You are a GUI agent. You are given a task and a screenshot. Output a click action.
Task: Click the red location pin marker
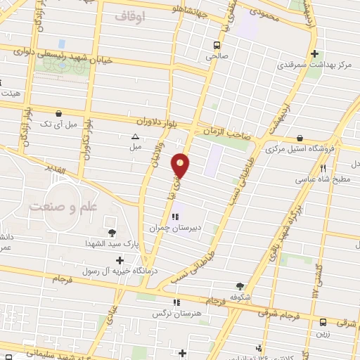point(181,165)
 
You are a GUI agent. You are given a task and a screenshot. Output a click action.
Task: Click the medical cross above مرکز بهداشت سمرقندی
point(316,53)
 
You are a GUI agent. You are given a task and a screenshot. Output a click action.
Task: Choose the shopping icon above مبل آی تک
point(59,112)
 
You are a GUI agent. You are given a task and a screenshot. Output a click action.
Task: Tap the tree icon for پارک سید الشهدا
point(111,233)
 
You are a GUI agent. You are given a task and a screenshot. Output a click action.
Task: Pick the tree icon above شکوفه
point(240,286)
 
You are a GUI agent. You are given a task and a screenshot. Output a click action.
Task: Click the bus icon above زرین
point(323,322)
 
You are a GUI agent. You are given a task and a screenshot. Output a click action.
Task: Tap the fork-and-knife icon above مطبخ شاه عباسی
point(323,168)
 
